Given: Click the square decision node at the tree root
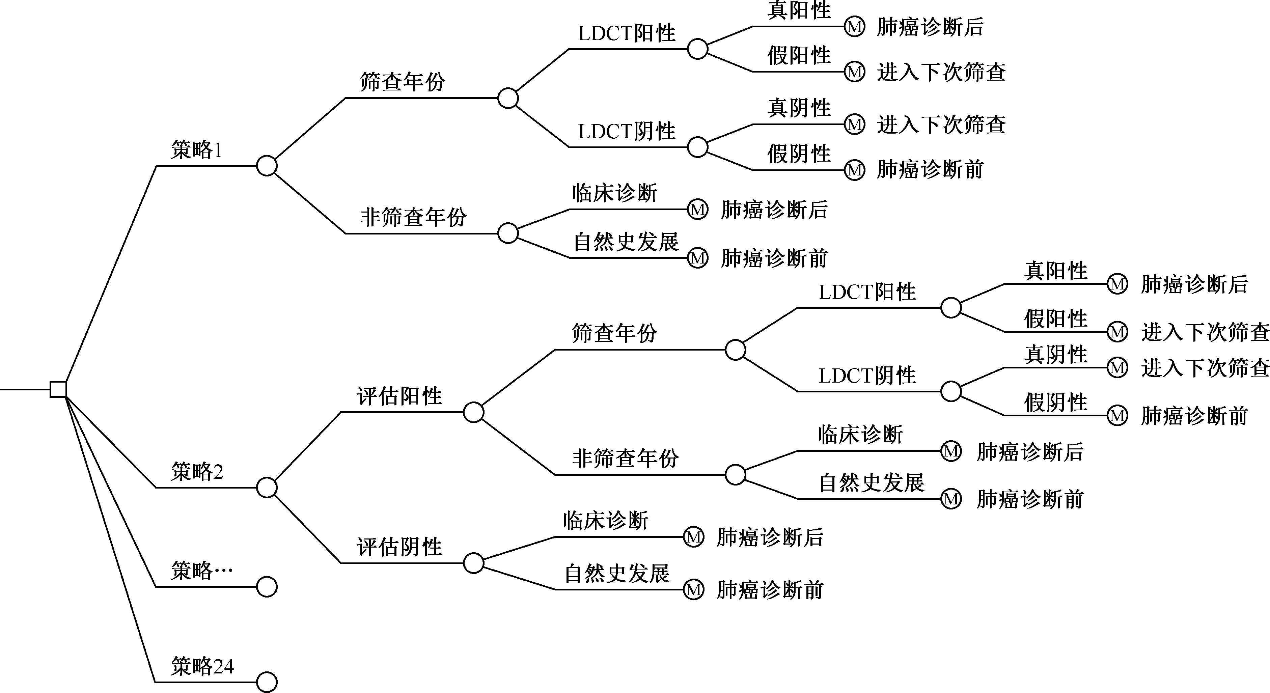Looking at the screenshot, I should coord(58,389).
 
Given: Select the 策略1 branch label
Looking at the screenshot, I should coord(196,150).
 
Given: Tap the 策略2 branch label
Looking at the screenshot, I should coord(197,472).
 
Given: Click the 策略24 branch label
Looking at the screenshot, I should coord(202,666).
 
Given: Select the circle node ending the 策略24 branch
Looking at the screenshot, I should coord(267,682).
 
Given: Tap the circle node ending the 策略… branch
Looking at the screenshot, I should coord(267,586).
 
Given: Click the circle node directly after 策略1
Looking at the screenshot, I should coord(267,166).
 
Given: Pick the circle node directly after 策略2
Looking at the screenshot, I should coord(267,488).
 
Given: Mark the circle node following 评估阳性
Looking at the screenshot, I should coord(473,412).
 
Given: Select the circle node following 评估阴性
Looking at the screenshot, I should coord(473,563).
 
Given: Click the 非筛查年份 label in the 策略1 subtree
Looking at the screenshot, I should coord(413,217).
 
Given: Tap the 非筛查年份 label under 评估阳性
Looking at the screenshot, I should coord(625,459).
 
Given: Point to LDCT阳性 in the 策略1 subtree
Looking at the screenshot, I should coord(626,33).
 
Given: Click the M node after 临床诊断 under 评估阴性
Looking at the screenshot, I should coord(693,537).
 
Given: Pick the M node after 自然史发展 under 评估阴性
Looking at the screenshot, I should coord(693,589).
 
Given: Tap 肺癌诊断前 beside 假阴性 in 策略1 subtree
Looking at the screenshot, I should coord(930,170).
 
